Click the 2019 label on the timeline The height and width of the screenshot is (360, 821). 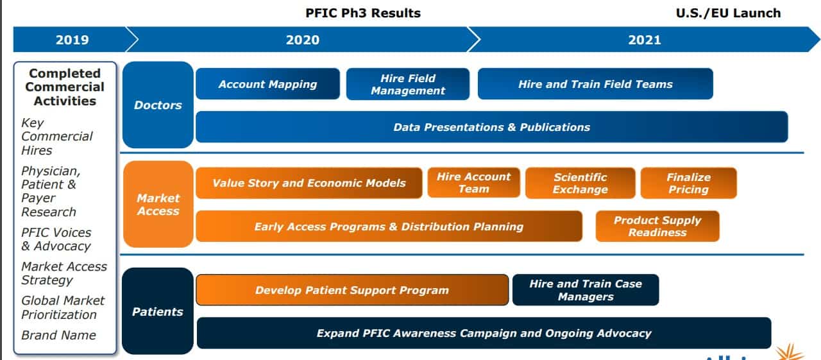click(72, 40)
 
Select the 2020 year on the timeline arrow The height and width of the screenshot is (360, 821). click(302, 40)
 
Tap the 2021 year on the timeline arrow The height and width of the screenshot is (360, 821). click(645, 40)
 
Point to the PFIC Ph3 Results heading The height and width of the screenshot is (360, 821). click(363, 13)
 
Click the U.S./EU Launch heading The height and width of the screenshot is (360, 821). click(728, 13)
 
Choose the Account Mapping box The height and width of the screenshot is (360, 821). click(267, 84)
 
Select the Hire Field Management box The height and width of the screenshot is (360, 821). click(407, 84)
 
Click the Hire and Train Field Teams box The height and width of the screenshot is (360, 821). click(595, 84)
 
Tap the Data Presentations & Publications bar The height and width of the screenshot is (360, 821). click(491, 127)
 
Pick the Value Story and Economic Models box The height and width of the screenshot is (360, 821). click(309, 183)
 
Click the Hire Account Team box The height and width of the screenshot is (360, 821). click(473, 183)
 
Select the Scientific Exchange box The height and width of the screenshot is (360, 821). click(580, 183)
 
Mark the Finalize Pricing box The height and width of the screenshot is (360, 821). click(688, 183)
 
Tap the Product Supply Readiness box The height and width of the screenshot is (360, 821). click(657, 226)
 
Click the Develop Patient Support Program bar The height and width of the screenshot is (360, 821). click(352, 290)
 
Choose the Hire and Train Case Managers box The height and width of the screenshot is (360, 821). click(586, 290)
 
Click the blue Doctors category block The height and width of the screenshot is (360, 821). click(158, 105)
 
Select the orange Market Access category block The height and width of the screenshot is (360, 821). click(158, 204)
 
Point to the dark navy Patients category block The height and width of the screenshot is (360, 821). click(158, 311)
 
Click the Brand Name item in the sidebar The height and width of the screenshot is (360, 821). click(58, 335)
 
